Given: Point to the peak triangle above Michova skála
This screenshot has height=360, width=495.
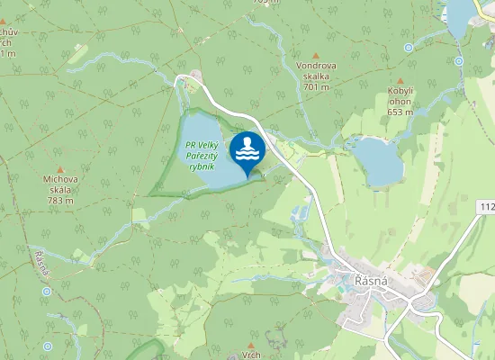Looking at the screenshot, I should click(x=60, y=169).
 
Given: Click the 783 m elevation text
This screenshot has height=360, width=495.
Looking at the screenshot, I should click(x=60, y=201).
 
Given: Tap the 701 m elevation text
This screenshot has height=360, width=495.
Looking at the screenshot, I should click(x=316, y=87).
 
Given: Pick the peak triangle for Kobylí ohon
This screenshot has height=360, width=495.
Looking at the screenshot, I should click(x=400, y=81).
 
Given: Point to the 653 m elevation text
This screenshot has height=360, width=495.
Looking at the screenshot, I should click(x=400, y=112).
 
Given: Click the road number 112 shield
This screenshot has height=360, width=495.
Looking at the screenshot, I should click(x=487, y=208).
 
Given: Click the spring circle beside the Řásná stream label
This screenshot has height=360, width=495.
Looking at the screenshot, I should click(x=46, y=292).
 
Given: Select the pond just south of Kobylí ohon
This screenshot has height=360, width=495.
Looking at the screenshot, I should click(x=377, y=163).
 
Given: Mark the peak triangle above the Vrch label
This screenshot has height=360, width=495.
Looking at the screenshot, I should click(x=251, y=344).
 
